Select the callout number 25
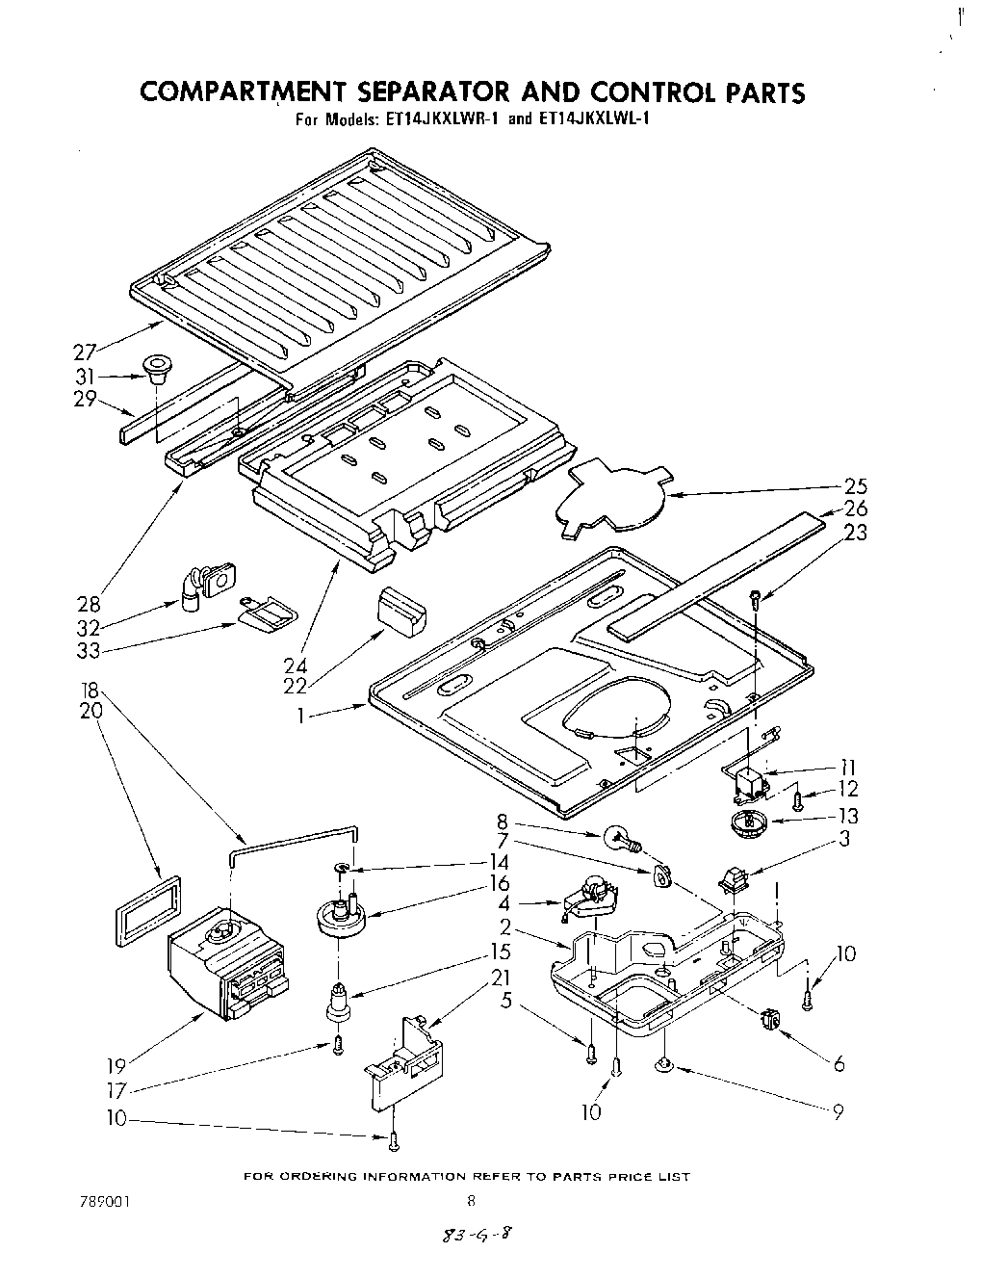point(855,485)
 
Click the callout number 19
point(117,1066)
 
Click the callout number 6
point(839,1062)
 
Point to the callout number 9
point(839,1110)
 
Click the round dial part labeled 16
point(341,915)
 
